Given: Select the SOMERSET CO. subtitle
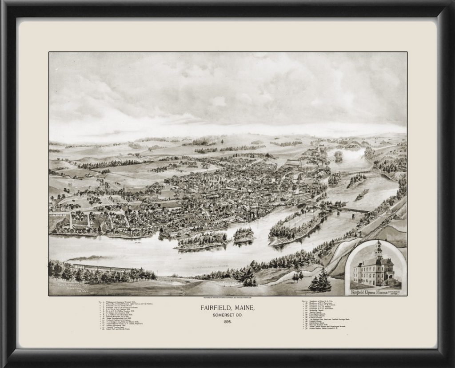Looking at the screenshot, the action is tap(227, 316).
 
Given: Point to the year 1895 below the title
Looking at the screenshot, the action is tap(227, 324).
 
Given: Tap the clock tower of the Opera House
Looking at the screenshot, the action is tap(378, 251).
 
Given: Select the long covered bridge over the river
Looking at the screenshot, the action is tap(354, 210).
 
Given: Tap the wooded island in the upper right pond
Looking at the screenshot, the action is tap(339, 155).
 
